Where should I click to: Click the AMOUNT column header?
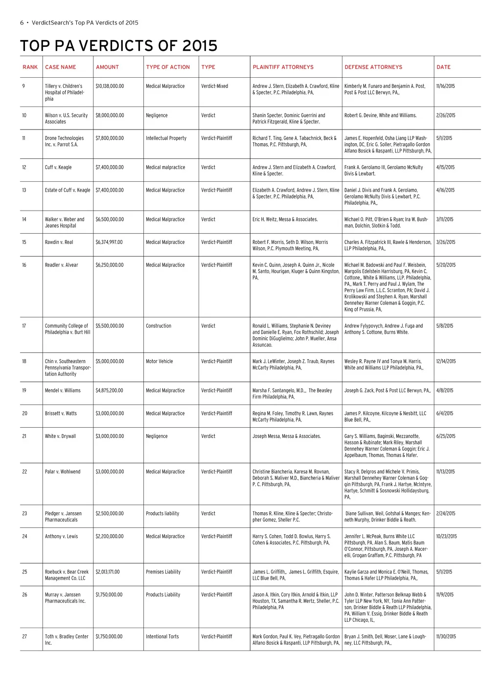[107, 67]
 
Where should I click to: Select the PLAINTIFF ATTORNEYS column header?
[283, 67]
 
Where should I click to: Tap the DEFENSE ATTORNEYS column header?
[373, 67]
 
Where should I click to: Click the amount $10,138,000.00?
[110, 86]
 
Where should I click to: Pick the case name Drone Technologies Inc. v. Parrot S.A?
[64, 141]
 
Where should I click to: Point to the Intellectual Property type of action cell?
[166, 138]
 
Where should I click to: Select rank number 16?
[24, 265]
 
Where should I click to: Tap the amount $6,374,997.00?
[109, 242]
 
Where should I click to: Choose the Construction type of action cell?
[159, 326]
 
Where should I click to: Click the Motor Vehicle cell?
[159, 361]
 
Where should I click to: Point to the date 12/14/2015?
[446, 361]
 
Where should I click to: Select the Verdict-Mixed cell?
[214, 86]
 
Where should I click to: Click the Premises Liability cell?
[163, 572]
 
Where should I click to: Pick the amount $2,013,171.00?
[108, 572]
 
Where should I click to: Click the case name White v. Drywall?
[60, 436]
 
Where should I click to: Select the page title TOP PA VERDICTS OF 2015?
[119, 46]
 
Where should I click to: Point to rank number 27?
[24, 636]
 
